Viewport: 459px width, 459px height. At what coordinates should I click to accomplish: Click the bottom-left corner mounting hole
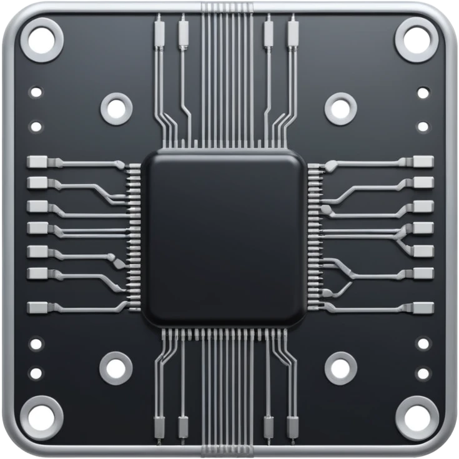click(x=42, y=417)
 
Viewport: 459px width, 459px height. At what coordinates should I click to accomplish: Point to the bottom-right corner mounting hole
click(x=417, y=417)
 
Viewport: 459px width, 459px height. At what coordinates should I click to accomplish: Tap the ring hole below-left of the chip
click(x=116, y=368)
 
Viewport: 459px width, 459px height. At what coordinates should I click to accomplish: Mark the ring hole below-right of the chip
click(x=340, y=368)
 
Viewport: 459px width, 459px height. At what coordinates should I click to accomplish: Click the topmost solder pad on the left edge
click(x=37, y=162)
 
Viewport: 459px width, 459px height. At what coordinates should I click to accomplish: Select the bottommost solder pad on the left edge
click(x=37, y=307)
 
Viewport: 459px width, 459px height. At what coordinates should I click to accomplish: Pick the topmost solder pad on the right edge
click(x=423, y=162)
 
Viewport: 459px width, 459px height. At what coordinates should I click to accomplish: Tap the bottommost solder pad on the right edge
click(x=423, y=307)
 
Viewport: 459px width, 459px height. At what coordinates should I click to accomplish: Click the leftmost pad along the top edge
click(x=159, y=31)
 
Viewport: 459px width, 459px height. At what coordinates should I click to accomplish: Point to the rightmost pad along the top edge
click(x=292, y=31)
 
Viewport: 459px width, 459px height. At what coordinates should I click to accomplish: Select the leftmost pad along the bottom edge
click(x=159, y=428)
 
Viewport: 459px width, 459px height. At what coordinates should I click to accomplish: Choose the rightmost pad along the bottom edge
click(x=292, y=428)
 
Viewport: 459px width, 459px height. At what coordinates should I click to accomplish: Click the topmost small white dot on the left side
click(x=36, y=92)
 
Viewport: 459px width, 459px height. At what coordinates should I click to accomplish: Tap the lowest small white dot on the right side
click(x=423, y=373)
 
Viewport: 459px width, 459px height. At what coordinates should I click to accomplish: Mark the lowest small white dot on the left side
click(x=36, y=373)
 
